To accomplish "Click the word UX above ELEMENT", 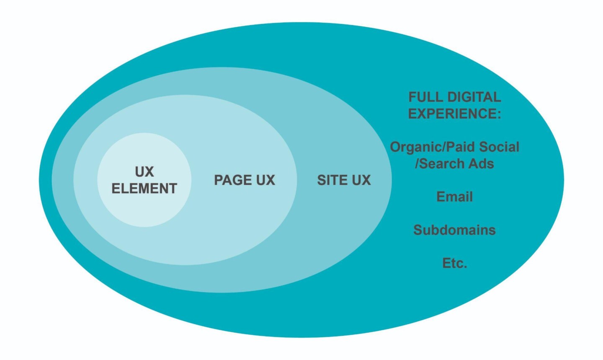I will point(144,171).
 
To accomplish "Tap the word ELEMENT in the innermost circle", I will point(144,188).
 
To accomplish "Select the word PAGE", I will point(232,180).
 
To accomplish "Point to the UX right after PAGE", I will point(265,180).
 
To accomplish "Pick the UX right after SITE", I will point(361,180).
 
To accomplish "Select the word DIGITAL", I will point(473,97).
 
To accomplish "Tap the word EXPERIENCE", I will point(452,114).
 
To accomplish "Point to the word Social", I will point(499,147).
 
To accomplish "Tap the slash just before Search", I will point(417,163).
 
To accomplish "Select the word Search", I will point(441,163).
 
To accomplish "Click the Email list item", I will point(454,197).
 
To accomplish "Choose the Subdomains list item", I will point(454,230).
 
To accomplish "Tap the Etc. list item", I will point(454,263).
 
